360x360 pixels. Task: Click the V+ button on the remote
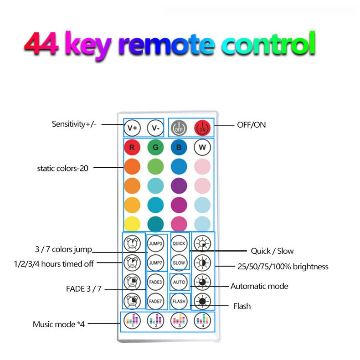pyautogui.click(x=132, y=128)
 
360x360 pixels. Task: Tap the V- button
pyautogui.click(x=156, y=128)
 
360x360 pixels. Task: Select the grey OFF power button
pyautogui.click(x=179, y=128)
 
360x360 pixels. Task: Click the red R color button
pyautogui.click(x=132, y=148)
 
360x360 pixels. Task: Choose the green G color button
pyautogui.click(x=155, y=148)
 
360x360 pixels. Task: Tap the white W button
pyautogui.click(x=202, y=148)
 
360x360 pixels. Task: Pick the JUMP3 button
pyautogui.click(x=156, y=243)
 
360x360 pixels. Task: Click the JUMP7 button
pyautogui.click(x=156, y=262)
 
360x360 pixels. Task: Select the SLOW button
pyautogui.click(x=179, y=262)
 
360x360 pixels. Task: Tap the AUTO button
pyautogui.click(x=179, y=282)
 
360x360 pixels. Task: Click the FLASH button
pyautogui.click(x=179, y=301)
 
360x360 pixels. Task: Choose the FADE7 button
pyautogui.click(x=156, y=301)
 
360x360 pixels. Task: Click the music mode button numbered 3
pyautogui.click(x=179, y=320)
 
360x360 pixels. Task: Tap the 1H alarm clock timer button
pyautogui.click(x=132, y=243)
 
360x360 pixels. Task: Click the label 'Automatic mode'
pyautogui.click(x=259, y=286)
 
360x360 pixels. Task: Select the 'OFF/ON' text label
pyautogui.click(x=251, y=124)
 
